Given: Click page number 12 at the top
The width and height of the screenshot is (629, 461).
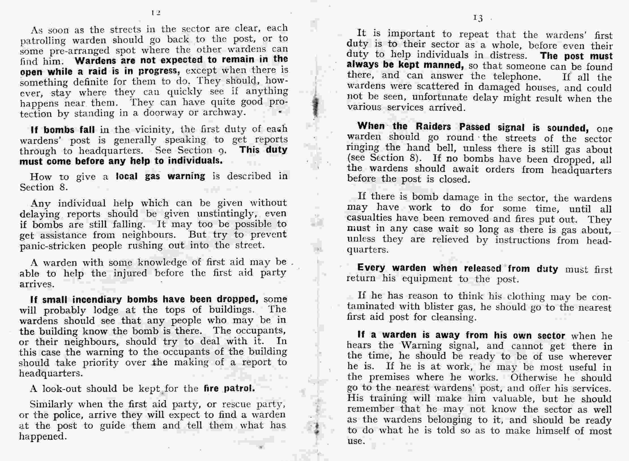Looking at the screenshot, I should pos(156,13).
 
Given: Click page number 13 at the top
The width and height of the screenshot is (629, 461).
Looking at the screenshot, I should pos(477,18).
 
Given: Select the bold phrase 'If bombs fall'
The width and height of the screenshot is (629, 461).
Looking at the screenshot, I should pos(63,130).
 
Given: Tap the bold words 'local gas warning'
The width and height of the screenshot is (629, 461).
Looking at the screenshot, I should pos(160,176).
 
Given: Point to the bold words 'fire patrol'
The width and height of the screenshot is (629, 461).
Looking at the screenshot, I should pos(229,388).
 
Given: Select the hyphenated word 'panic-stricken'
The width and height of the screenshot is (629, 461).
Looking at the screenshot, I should pos(52,245).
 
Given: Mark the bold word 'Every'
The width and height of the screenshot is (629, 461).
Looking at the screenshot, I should pos(371,268).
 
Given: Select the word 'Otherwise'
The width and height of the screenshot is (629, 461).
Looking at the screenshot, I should pos(534,378).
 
